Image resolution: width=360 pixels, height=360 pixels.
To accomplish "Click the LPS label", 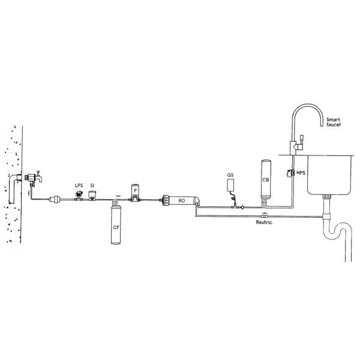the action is coord(79,185).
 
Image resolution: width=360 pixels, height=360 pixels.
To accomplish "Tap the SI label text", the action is coord(92,185).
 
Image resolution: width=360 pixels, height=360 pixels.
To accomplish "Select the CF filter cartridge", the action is coord(116,224).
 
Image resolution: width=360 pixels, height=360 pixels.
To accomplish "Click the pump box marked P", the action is coord(135,191).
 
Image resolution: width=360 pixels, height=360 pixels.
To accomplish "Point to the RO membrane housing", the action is coord(181,200).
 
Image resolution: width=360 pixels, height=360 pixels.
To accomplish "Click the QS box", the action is coord(230,185).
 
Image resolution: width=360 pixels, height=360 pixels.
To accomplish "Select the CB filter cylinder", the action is coord(266,179).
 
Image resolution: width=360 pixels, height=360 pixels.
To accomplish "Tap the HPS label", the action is coord(301,172).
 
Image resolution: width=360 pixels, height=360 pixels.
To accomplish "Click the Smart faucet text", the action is coord(334,122).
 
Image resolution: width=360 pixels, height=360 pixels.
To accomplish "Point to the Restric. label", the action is coord(265,222).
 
